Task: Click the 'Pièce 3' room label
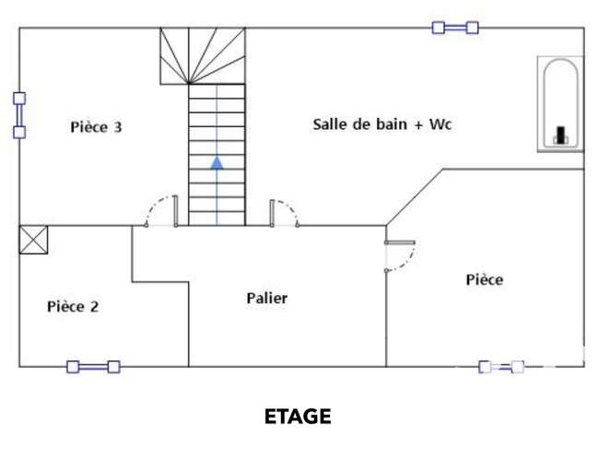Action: point(96,127)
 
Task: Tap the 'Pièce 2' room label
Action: point(73,306)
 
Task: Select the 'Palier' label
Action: point(267,298)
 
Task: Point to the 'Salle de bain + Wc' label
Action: point(382,124)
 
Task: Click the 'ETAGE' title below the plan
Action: point(298,416)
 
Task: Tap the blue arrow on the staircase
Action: point(217,163)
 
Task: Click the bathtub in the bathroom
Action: point(560,104)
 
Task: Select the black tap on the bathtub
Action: point(560,135)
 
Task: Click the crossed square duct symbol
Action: point(33,240)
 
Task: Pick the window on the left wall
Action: point(19,115)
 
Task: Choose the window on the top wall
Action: point(455,28)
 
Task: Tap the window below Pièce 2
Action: point(94,367)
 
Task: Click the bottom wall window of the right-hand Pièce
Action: point(501,367)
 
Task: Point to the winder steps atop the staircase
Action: point(203,56)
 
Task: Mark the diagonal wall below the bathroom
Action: point(415,197)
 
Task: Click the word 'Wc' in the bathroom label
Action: point(440,124)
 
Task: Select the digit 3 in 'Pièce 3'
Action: point(118,127)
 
